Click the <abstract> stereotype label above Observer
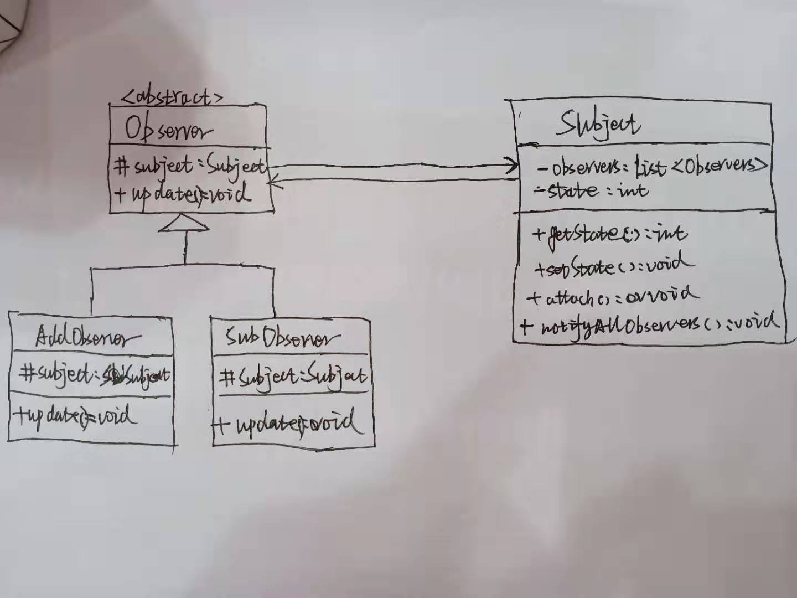172,97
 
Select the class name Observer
168,130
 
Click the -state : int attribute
591,191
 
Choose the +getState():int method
609,234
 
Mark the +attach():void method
612,297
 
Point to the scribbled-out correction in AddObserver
114,375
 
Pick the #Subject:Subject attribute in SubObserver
292,378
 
